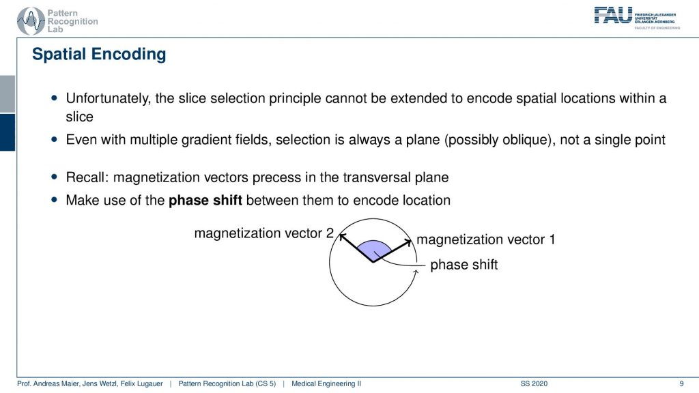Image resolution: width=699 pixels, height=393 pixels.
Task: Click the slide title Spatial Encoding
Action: [x=99, y=54]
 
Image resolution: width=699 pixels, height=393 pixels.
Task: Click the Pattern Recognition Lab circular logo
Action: [x=30, y=21]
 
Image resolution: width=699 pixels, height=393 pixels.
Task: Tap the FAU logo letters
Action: [x=613, y=15]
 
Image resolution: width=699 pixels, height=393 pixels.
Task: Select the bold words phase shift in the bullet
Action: [x=205, y=200]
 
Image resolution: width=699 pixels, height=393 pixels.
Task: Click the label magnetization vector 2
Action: [x=264, y=233]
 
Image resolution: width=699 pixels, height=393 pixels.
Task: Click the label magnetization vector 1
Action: [x=485, y=239]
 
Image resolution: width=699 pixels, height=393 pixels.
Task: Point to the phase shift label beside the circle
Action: [x=463, y=264]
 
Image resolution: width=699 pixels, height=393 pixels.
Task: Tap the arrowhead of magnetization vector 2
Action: [x=343, y=236]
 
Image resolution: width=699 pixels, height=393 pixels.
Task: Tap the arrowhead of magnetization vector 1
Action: [x=408, y=242]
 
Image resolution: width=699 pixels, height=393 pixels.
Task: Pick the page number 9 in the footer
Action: [x=681, y=383]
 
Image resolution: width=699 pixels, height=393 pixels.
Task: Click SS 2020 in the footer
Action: [x=534, y=383]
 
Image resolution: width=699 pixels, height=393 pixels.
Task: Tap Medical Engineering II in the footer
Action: [x=326, y=383]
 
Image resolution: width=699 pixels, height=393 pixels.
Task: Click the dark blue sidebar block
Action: [x=8, y=132]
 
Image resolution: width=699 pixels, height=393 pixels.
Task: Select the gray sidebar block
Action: [x=8, y=94]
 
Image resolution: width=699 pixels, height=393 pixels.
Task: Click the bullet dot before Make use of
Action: [x=55, y=200]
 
